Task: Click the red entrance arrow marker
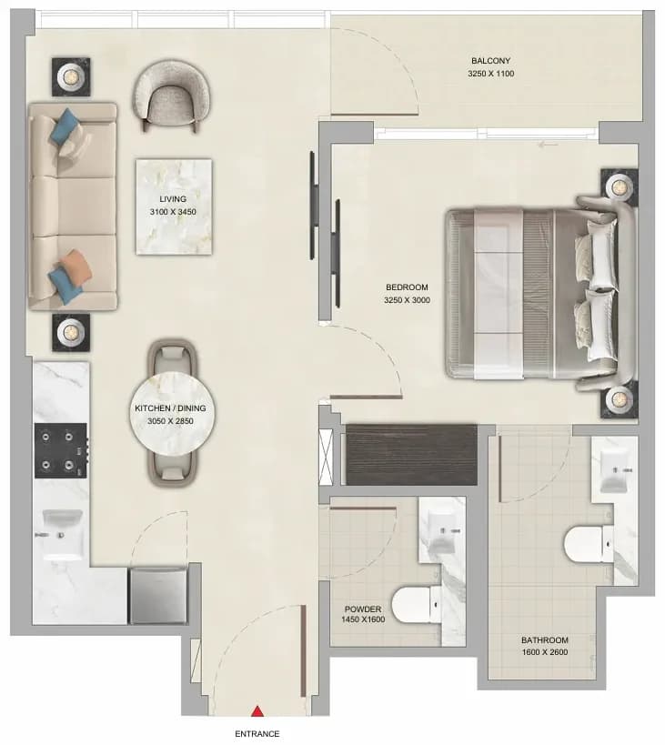(x=257, y=710)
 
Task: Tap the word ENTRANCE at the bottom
(x=257, y=734)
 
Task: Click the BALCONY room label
(x=490, y=61)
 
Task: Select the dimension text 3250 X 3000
(x=407, y=300)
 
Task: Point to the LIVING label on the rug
(x=173, y=199)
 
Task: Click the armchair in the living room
(x=171, y=96)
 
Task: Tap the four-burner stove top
(x=61, y=450)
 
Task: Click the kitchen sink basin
(x=62, y=534)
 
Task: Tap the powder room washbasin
(x=442, y=530)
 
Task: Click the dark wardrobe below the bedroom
(x=411, y=455)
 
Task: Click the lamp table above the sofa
(x=71, y=77)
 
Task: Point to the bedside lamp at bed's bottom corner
(x=619, y=399)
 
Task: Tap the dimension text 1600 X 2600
(x=545, y=652)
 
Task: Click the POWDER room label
(x=363, y=609)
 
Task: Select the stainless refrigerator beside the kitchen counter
(x=158, y=595)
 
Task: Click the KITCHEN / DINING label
(x=170, y=408)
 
